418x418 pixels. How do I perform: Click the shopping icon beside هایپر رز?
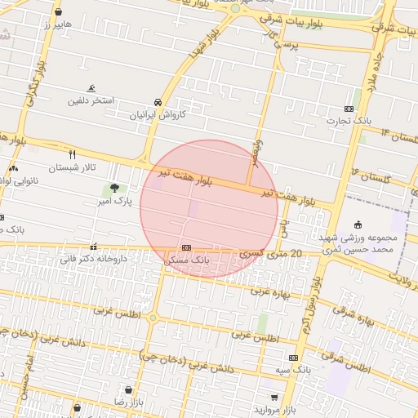[58, 12]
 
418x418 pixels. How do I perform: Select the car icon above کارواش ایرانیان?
[158, 103]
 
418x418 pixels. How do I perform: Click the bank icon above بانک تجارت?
[349, 109]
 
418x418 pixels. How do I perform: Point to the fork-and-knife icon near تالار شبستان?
[73, 154]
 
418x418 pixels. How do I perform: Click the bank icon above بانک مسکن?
[186, 247]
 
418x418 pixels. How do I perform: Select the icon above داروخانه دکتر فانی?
[94, 247]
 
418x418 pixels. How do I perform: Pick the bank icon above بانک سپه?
[293, 358]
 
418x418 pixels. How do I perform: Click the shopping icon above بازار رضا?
[127, 390]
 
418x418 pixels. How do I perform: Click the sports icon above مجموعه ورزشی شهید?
[358, 225]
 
